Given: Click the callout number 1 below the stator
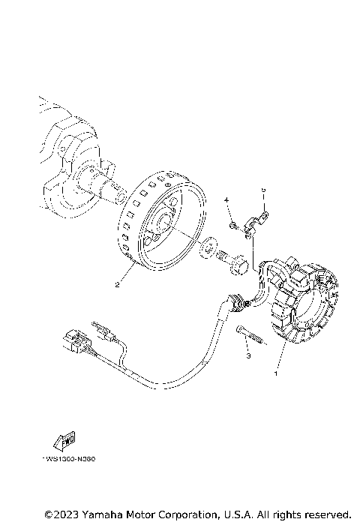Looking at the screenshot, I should [276, 371].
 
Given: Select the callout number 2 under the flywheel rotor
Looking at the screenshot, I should [117, 284].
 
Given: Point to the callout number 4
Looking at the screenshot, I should [225, 200].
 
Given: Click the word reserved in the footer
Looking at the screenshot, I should [325, 514].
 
